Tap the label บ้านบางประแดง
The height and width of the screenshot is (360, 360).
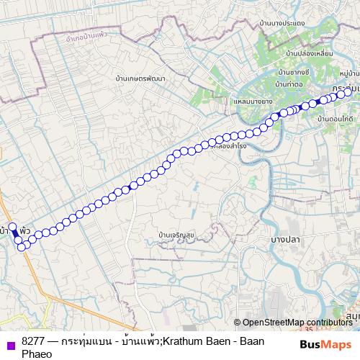coord(287,23)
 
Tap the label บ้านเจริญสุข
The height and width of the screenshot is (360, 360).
coord(179,235)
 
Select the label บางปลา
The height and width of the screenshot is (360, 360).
coord(285,238)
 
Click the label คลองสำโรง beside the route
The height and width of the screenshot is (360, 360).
coord(230,145)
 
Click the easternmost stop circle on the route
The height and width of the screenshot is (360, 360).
coord(349,91)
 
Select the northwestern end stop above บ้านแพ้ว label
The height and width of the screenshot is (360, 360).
coord(12,227)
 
